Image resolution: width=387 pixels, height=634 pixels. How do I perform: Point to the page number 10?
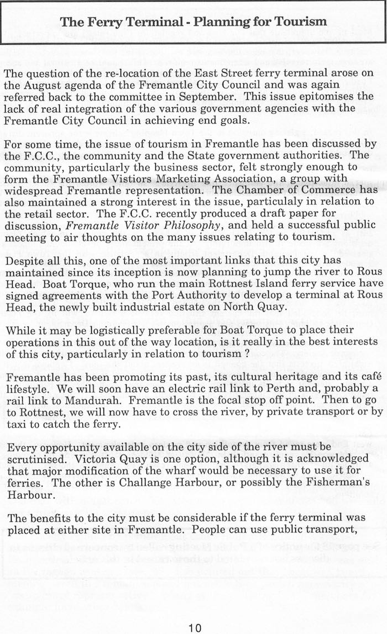tap(194, 627)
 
